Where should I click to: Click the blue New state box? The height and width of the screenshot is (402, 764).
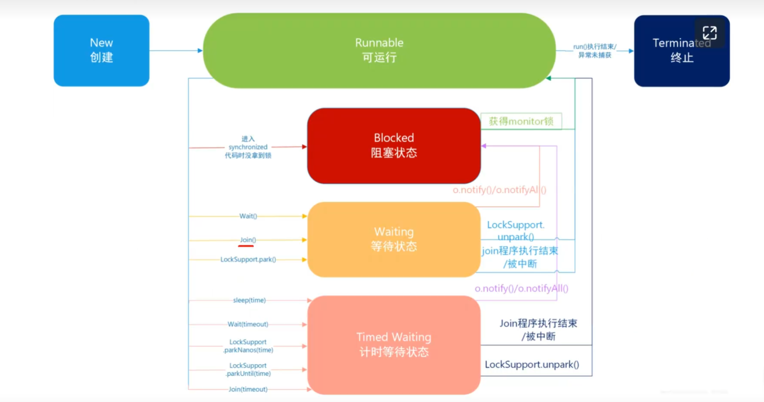pyautogui.click(x=101, y=50)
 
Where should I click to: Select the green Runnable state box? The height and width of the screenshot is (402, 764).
pyautogui.click(x=379, y=50)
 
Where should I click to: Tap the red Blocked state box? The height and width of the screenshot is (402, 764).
pyautogui.click(x=393, y=146)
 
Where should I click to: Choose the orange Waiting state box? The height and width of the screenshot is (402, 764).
pyautogui.click(x=393, y=239)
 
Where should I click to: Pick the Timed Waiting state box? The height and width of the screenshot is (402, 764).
pyautogui.click(x=393, y=345)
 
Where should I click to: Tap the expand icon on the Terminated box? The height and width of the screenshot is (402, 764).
pyautogui.click(x=709, y=33)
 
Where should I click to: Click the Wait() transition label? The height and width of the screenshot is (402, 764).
pyautogui.click(x=248, y=216)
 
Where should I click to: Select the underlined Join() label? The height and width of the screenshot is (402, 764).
pyautogui.click(x=248, y=240)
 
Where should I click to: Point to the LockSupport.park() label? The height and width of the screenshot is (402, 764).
pyautogui.click(x=248, y=260)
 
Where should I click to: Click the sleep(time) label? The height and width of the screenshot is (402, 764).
pyautogui.click(x=249, y=300)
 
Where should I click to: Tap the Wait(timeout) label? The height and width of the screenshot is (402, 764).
pyautogui.click(x=248, y=324)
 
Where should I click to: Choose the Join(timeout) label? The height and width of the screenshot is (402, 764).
pyautogui.click(x=248, y=389)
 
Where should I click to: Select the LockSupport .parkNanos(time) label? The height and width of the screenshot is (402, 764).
pyautogui.click(x=248, y=346)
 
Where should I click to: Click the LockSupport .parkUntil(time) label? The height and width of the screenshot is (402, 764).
pyautogui.click(x=248, y=369)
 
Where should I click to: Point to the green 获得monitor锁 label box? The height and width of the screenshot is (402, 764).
pyautogui.click(x=521, y=121)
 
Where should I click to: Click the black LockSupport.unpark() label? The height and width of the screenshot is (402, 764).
pyautogui.click(x=532, y=364)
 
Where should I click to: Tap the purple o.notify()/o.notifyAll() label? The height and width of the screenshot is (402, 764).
pyautogui.click(x=521, y=288)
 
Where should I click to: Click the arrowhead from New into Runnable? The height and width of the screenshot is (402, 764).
pyautogui.click(x=200, y=50)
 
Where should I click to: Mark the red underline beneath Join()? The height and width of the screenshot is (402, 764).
pyautogui.click(x=246, y=246)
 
